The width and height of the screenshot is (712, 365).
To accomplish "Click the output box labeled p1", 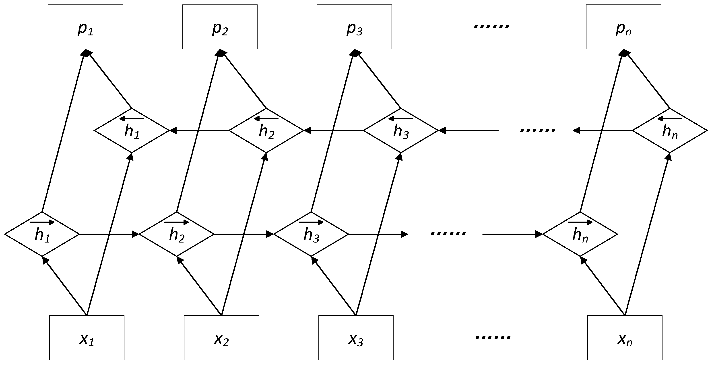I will [x=85, y=27].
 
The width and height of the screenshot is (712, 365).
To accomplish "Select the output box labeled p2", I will [x=220, y=27].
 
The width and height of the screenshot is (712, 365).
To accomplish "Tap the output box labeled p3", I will [x=354, y=27].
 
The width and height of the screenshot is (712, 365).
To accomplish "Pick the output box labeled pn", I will [x=623, y=27].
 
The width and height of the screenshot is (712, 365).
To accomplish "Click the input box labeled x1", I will [x=87, y=338].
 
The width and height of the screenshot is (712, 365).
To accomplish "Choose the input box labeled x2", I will [x=221, y=338].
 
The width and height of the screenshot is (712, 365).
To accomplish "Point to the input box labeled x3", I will [x=356, y=338].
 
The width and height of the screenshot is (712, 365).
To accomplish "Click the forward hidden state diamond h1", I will [x=42, y=234].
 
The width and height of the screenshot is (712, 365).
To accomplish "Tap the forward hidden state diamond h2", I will [x=177, y=234].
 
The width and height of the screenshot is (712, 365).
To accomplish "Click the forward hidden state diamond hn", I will [x=580, y=234].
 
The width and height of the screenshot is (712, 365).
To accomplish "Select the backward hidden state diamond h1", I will [x=132, y=130].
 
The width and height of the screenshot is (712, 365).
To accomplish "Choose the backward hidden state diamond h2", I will [x=266, y=130].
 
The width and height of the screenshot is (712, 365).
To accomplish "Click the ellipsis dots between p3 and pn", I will [x=491, y=27].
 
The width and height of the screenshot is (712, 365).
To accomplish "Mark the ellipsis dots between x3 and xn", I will [x=493, y=337].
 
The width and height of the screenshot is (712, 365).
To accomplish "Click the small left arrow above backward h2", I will [x=266, y=119].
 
